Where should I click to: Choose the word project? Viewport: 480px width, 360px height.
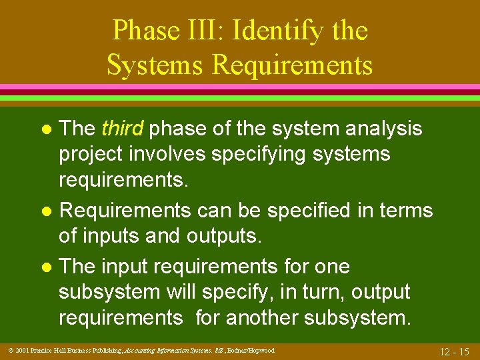click(x=95, y=155)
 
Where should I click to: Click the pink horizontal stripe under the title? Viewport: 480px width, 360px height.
click(x=240, y=87)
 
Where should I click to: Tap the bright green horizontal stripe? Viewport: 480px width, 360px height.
click(x=240, y=97)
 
